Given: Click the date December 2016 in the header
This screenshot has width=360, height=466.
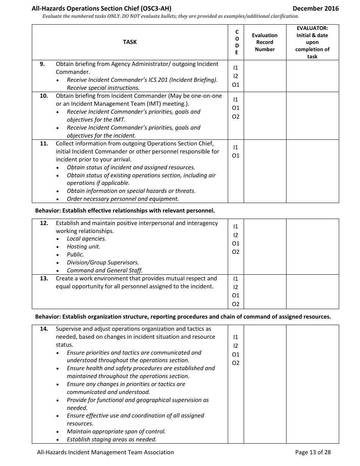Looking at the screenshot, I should point(316,8).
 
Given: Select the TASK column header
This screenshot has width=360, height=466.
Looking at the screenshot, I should point(130,42).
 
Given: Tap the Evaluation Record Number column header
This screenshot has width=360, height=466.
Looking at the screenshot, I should point(265,42).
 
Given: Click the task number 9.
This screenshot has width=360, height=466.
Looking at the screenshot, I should point(42,64).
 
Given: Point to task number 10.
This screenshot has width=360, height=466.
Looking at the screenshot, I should point(44,96).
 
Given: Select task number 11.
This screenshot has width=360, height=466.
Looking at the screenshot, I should point(44,144).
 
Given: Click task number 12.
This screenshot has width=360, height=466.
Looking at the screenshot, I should point(44,223).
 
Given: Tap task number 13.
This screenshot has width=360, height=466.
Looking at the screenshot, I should point(44,278).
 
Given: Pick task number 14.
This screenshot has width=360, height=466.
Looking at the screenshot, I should point(44,329).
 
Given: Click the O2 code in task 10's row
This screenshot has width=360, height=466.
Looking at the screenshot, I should point(236,117).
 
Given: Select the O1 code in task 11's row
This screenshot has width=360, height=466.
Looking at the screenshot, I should point(236,156).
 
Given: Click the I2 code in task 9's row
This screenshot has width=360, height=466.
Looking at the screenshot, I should point(236,76).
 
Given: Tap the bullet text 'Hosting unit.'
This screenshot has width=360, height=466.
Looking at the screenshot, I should point(83,247).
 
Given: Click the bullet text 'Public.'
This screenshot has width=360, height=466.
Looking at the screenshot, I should point(75,255).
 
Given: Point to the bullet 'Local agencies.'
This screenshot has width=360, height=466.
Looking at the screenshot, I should point(86,239).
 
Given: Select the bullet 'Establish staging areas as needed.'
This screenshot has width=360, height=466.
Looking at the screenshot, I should point(111,439).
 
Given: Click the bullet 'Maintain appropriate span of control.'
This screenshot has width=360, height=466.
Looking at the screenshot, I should point(116,432).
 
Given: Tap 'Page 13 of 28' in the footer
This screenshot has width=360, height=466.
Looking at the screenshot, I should point(313,452).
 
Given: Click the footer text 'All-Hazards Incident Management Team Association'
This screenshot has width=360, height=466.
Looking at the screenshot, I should point(105,452).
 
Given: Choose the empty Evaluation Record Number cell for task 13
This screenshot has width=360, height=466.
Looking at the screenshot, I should point(265,291).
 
